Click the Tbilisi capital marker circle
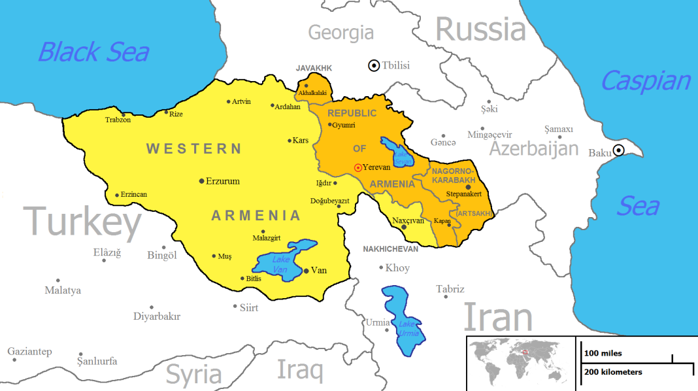click(x=374, y=65)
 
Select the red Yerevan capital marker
click(x=357, y=168)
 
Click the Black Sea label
click(x=93, y=52)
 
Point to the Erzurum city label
click(x=222, y=181)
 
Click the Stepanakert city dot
click(x=468, y=187)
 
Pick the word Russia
click(x=480, y=29)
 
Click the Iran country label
click(x=498, y=318)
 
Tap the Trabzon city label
click(x=118, y=120)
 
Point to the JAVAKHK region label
click(x=314, y=68)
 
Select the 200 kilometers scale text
click(x=613, y=372)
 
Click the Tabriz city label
click(x=450, y=289)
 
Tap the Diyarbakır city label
click(x=156, y=316)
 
